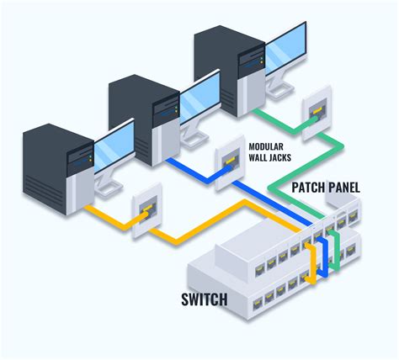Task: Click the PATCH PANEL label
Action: point(325,188)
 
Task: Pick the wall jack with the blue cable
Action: point(228,160)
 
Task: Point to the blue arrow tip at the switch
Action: point(325,268)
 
